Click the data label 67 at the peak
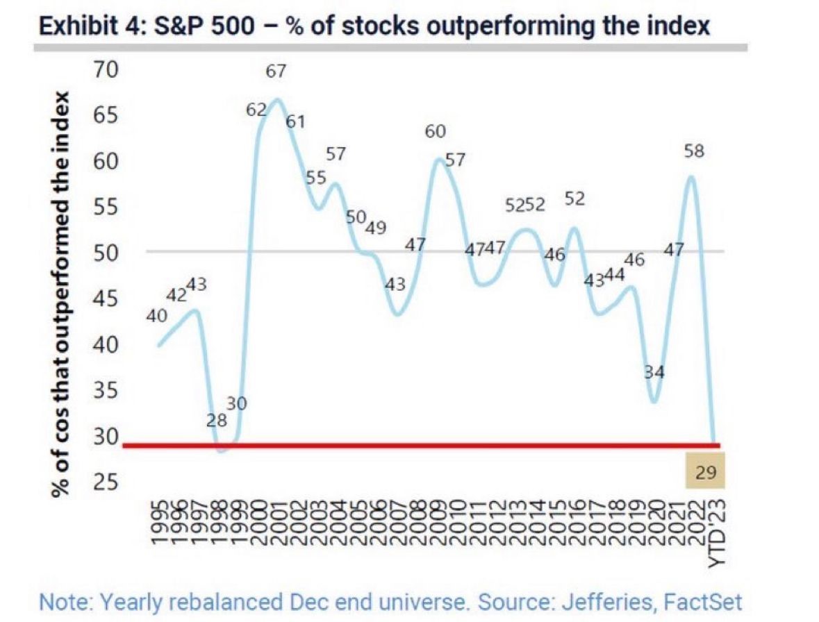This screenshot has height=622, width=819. [x=276, y=72]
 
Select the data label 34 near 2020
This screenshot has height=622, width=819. [x=654, y=372]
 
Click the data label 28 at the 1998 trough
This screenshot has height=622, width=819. [x=217, y=420]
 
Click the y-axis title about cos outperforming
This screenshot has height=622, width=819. [x=61, y=293]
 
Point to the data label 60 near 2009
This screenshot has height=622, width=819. [x=435, y=132]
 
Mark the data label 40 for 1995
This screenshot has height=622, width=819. [x=157, y=316]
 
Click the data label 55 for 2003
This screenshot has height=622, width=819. [x=316, y=177]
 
